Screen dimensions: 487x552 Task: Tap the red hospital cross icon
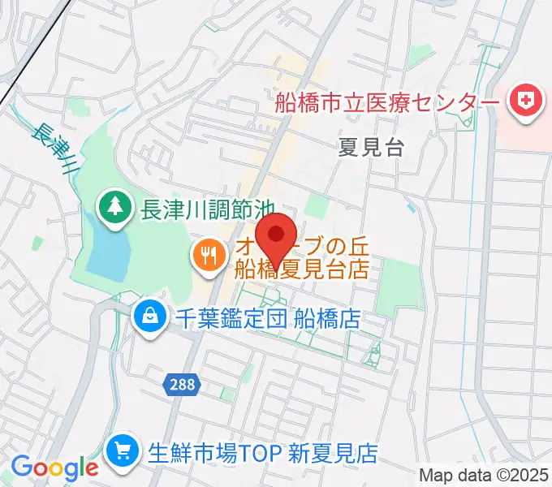[524, 104]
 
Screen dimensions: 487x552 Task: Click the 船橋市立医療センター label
[386, 104]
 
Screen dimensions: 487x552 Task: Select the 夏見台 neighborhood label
[370, 147]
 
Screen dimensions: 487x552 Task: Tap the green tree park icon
[114, 207]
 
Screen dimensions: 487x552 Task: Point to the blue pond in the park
[108, 251]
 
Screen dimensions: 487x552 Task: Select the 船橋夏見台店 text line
[302, 269]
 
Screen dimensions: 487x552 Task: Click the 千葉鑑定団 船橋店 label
[268, 317]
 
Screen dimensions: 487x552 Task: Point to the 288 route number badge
[183, 385]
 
